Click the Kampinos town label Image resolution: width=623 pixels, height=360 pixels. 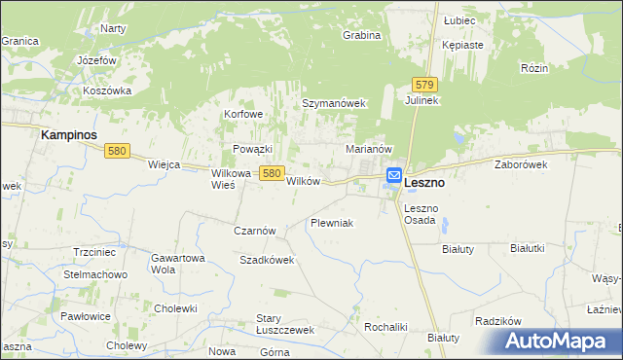tap(72, 136)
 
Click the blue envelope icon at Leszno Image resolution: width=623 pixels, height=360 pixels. tap(394, 176)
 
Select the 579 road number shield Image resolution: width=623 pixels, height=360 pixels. tap(421, 85)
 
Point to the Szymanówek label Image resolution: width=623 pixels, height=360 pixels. tap(333, 103)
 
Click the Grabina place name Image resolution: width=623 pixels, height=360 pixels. tap(361, 35)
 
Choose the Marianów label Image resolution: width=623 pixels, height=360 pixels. tap(369, 149)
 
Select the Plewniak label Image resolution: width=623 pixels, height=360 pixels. tap(331, 223)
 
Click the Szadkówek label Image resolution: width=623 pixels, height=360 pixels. tap(267, 260)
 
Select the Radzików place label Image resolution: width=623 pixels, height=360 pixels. tap(499, 321)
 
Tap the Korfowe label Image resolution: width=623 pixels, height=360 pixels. tap(244, 114)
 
